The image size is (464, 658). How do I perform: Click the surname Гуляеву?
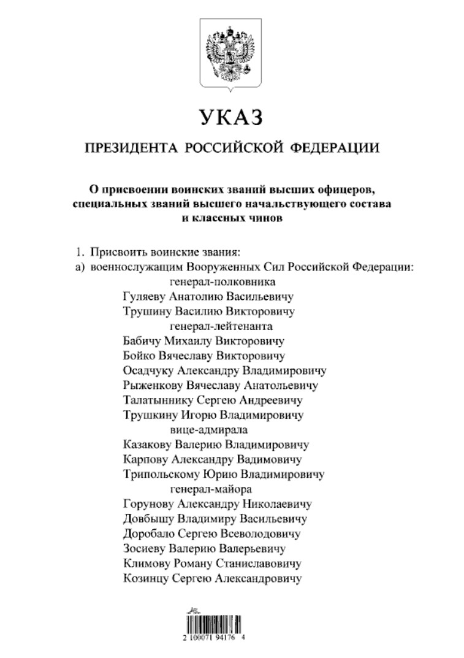point(145,297)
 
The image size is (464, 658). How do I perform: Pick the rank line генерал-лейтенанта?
point(221,326)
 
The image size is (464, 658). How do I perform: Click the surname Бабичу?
point(142,341)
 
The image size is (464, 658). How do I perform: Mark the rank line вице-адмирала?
point(213,429)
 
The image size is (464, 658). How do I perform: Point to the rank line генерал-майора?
point(211,489)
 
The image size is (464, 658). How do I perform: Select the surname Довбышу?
point(145,519)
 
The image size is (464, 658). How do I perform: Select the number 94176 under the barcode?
point(235,638)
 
